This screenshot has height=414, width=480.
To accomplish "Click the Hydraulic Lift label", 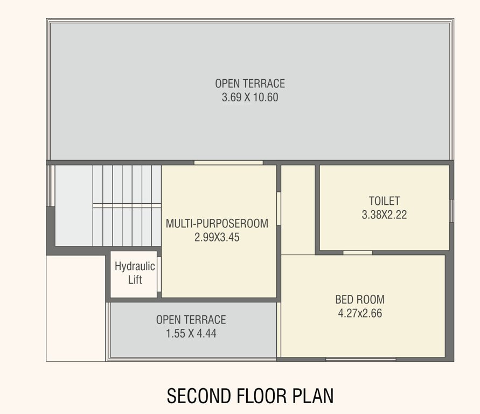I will tap(135, 273).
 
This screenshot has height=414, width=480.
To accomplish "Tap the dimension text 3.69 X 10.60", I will tap(250, 98).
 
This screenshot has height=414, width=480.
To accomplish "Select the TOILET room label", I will tap(384, 201).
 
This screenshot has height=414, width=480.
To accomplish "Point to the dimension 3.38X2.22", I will tap(384, 215).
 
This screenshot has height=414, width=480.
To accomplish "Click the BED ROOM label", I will tap(360, 300).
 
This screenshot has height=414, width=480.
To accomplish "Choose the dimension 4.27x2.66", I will tap(360, 313).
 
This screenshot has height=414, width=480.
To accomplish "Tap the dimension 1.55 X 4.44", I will tap(191, 334).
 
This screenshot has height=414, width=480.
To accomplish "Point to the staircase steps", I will tap(127, 205).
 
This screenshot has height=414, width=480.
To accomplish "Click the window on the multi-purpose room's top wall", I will tap(228, 162).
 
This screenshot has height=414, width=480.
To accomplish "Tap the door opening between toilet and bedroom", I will tap(357, 252).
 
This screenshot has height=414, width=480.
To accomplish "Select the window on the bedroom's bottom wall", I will tap(360, 359).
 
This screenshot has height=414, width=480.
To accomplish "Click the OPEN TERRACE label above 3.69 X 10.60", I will tap(250, 84).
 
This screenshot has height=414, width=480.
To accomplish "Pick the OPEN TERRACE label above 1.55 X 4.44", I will tap(191, 320).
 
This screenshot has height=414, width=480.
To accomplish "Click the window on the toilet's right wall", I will tap(451, 210).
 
